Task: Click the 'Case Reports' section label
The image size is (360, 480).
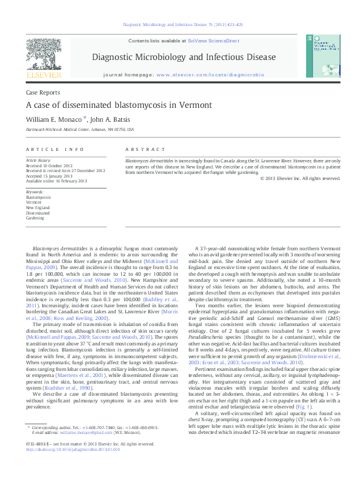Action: (42, 93)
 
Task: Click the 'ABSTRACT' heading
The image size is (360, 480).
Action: (145, 148)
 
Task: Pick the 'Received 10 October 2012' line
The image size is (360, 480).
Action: (51, 165)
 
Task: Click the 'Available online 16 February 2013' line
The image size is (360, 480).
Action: (56, 181)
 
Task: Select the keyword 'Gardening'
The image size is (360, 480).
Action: (35, 218)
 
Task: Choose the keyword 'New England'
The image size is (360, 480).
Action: (38, 208)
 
